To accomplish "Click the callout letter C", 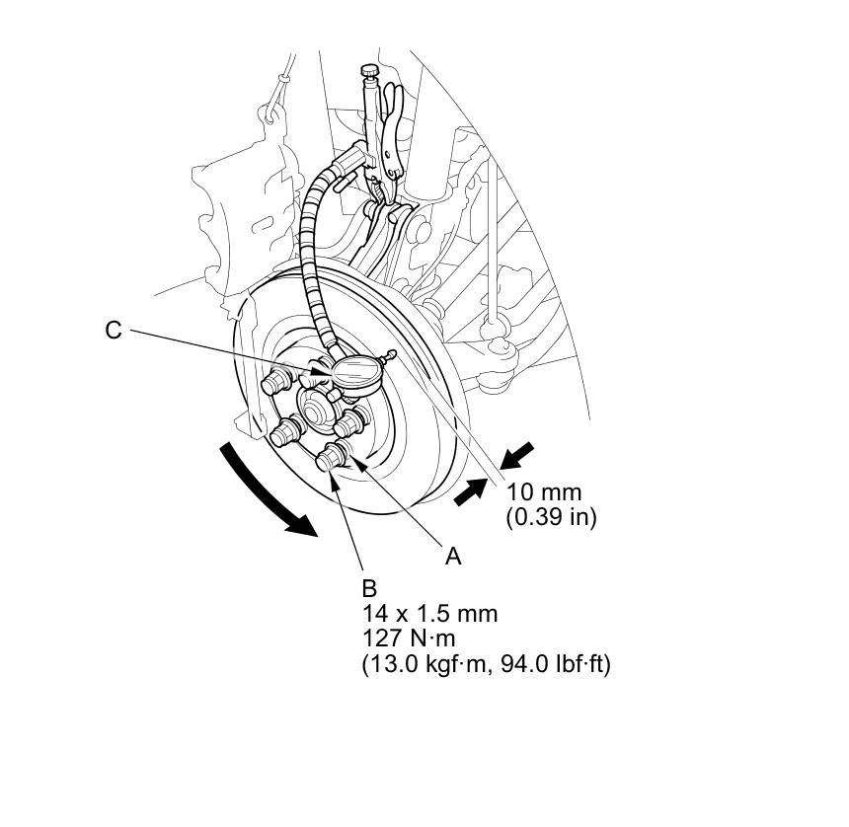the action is click(114, 331).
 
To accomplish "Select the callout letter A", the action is click(453, 557).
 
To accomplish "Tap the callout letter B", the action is click(369, 588).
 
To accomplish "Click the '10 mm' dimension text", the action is click(544, 491).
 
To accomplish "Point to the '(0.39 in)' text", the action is click(551, 516).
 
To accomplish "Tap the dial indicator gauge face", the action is click(357, 373).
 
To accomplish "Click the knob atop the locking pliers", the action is click(369, 71).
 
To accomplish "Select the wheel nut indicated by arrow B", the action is click(332, 459).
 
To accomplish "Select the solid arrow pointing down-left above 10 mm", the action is click(517, 457).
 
